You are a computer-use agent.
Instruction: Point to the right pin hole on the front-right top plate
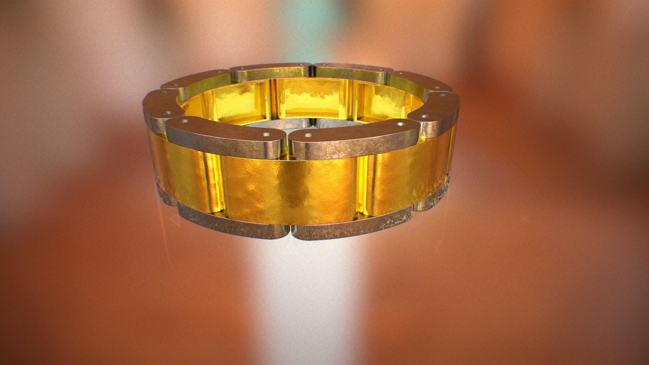click(x=401, y=124)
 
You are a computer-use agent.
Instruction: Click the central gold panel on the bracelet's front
click(x=287, y=189)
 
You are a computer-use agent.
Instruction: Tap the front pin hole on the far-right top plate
click(x=424, y=116)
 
